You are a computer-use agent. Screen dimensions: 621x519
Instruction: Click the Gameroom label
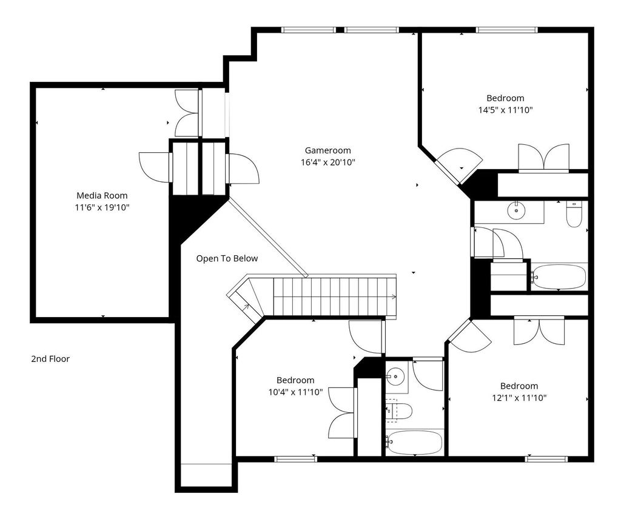(327, 150)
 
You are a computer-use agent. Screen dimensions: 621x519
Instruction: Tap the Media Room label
(102, 195)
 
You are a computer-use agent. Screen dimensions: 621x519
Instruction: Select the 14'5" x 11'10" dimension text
(505, 110)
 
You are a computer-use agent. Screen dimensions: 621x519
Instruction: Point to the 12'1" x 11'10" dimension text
(519, 398)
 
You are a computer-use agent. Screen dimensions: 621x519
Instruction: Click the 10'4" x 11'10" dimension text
(295, 392)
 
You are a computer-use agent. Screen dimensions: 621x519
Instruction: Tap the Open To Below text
(227, 258)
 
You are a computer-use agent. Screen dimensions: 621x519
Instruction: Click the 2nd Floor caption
(50, 359)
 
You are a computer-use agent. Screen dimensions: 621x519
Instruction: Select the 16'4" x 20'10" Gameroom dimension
(328, 162)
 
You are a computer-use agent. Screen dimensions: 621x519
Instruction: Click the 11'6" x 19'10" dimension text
(102, 207)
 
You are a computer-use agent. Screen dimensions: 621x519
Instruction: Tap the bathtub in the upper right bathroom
(559, 276)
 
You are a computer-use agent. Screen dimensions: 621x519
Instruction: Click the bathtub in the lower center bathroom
(414, 442)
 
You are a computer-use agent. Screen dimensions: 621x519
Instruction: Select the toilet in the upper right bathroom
(574, 214)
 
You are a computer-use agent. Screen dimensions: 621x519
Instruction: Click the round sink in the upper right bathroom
(517, 210)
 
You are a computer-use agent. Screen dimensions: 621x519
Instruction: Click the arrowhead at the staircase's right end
(394, 297)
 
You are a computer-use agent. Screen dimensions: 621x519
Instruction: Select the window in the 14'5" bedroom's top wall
(506, 30)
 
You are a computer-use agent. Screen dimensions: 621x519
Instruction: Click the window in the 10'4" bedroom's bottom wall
(295, 459)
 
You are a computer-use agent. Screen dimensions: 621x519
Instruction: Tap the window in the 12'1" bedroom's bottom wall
(546, 459)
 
